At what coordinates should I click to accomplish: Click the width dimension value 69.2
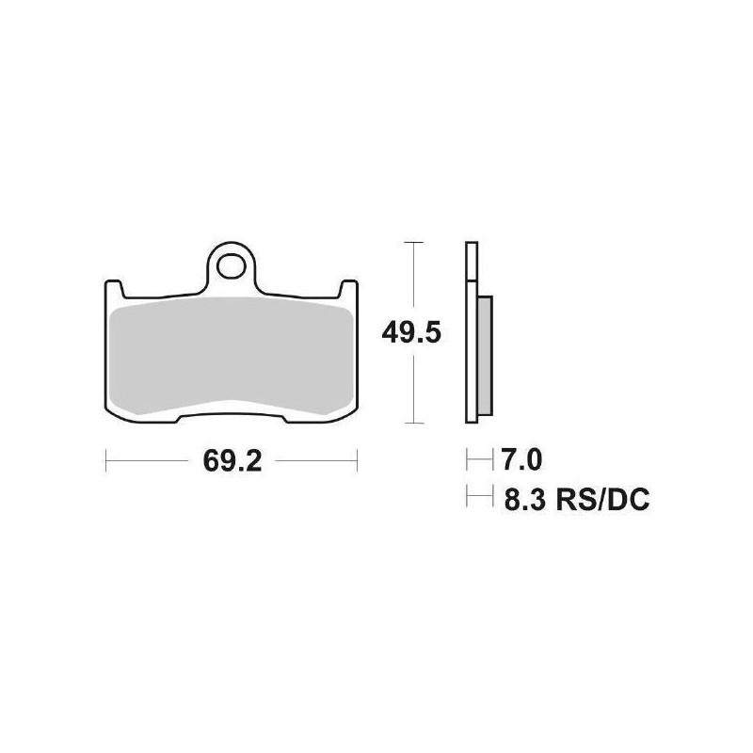point(232,461)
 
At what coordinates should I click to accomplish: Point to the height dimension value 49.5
point(411,332)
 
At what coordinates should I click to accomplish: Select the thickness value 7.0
point(521,460)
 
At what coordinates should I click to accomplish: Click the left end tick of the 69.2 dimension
point(106,461)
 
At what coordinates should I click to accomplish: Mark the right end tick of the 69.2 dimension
point(357,461)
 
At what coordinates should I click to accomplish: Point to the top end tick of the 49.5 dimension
point(411,242)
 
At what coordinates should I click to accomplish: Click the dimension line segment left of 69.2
point(151,461)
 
